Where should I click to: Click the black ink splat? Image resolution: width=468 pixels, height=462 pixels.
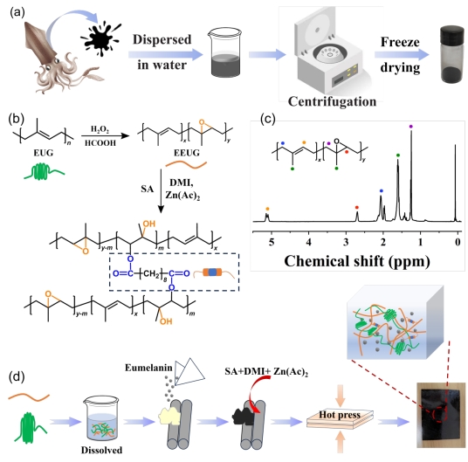(x=100, y=38)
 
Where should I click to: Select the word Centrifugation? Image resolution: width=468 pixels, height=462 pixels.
(x=332, y=101)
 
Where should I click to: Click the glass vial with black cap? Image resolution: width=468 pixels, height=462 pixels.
(x=453, y=54)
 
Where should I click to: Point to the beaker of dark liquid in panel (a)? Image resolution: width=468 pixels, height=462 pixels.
(x=224, y=52)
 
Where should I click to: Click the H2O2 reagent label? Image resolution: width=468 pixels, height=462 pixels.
(x=100, y=129)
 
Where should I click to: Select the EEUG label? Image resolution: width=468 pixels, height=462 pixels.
(x=187, y=153)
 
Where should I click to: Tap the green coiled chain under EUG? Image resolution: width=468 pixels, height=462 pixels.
(x=44, y=171)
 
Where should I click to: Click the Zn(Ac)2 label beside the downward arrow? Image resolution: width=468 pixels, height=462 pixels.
(x=182, y=196)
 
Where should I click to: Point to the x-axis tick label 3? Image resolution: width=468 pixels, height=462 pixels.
(x=346, y=242)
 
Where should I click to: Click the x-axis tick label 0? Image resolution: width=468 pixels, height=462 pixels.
(x=458, y=242)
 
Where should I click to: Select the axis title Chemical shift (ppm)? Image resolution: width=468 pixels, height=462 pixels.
(x=357, y=261)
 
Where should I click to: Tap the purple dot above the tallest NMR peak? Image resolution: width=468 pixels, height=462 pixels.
(x=411, y=127)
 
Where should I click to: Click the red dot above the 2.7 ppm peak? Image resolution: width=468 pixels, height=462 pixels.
(x=357, y=208)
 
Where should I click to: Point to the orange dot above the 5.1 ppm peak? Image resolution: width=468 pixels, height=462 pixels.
(x=267, y=209)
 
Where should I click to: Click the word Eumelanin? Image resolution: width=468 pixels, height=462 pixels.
(x=148, y=368)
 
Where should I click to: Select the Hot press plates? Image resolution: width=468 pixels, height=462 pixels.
(x=340, y=418)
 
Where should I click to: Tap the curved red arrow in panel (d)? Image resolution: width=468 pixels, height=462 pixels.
(x=254, y=388)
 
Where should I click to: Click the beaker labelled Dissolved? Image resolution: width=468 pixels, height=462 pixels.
(x=101, y=418)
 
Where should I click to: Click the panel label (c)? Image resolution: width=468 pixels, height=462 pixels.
(x=268, y=119)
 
